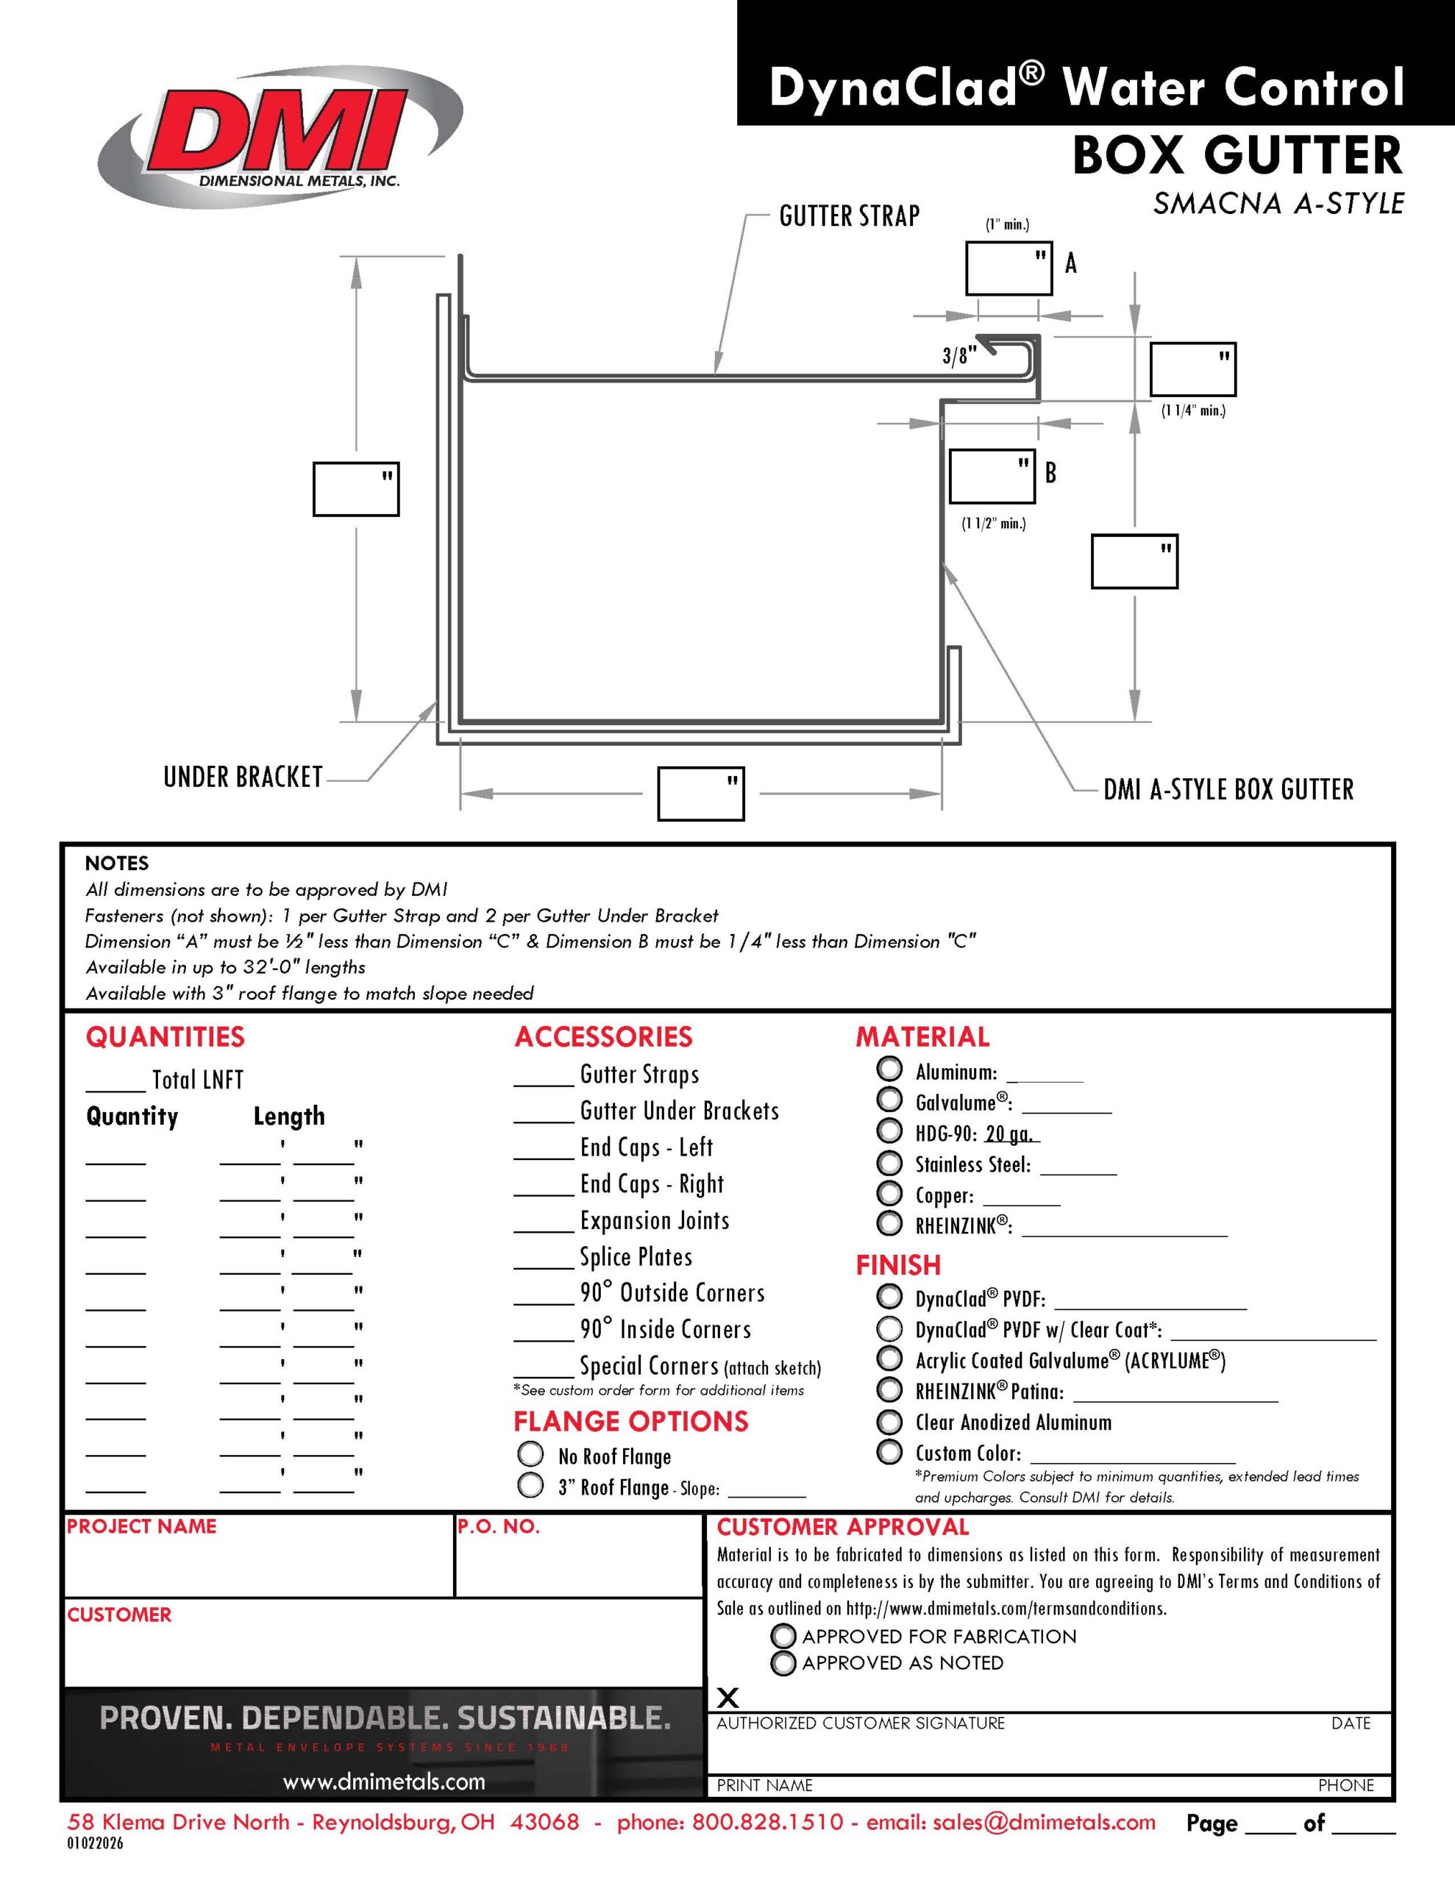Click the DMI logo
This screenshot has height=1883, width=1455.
(281, 137)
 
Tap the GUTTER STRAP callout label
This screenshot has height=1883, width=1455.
(850, 216)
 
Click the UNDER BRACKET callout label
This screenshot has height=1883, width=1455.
(243, 777)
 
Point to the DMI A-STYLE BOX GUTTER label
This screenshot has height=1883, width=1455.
(1228, 789)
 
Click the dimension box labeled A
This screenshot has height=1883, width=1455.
(1008, 269)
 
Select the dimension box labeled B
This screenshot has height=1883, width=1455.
(992, 476)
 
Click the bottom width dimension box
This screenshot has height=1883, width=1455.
(700, 793)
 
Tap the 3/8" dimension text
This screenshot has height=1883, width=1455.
(959, 355)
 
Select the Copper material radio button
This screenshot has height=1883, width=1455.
(889, 1193)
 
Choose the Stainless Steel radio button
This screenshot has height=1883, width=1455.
(889, 1162)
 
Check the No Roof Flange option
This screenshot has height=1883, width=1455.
(530, 1454)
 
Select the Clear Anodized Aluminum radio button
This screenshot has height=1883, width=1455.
(889, 1421)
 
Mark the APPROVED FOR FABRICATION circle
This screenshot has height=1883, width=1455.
(783, 1636)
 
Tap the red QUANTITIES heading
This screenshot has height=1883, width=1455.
(165, 1036)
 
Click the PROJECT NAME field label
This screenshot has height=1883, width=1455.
(141, 1526)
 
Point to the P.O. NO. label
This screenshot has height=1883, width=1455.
(499, 1526)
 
